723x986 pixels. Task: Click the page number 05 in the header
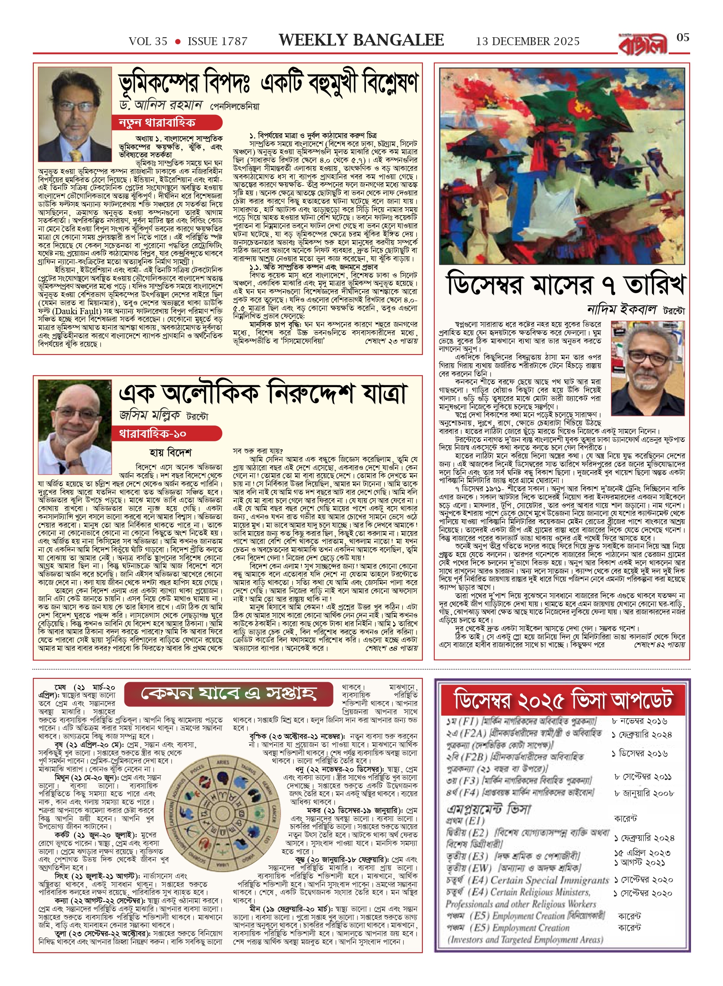coord(683,38)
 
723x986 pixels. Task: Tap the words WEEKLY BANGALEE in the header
coord(361,40)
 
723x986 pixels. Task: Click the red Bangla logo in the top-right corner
coord(643,45)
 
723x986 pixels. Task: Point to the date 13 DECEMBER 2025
coord(528,42)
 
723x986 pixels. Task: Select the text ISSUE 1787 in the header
coord(217,42)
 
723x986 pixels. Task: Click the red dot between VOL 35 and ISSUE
coord(177,42)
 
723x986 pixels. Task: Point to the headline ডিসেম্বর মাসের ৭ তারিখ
coord(565,284)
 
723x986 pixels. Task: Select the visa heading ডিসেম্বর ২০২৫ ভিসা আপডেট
coord(563,700)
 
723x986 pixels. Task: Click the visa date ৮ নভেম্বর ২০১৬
coord(639,721)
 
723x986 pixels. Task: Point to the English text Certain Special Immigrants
coord(549,880)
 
